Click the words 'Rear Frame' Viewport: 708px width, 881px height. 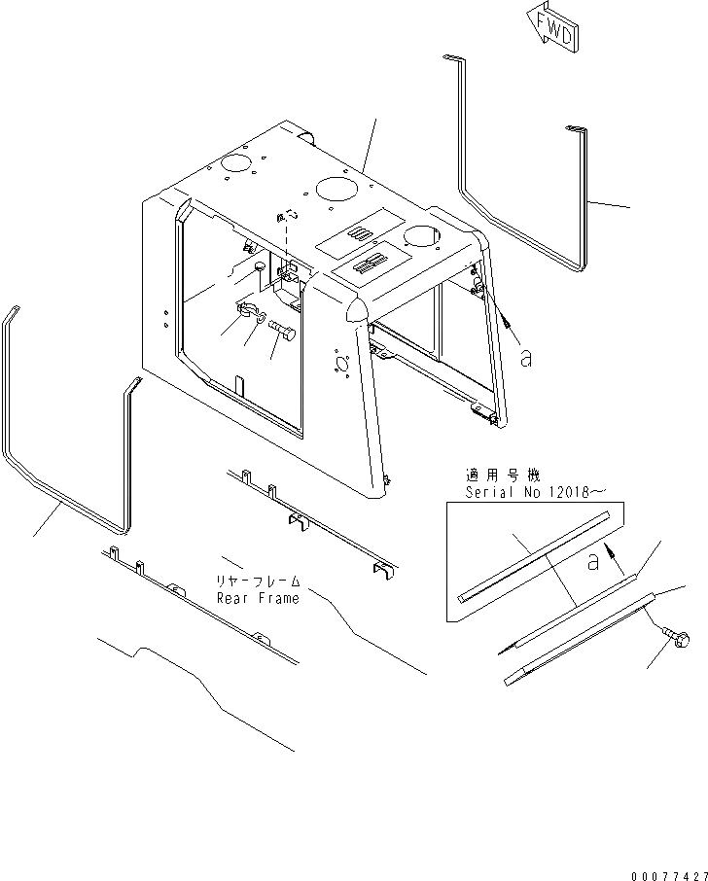point(258,598)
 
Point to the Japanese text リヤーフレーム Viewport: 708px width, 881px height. point(258,581)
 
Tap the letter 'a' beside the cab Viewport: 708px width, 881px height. point(526,359)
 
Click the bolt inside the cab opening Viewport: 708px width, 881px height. point(283,336)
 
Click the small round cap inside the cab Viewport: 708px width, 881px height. point(259,265)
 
